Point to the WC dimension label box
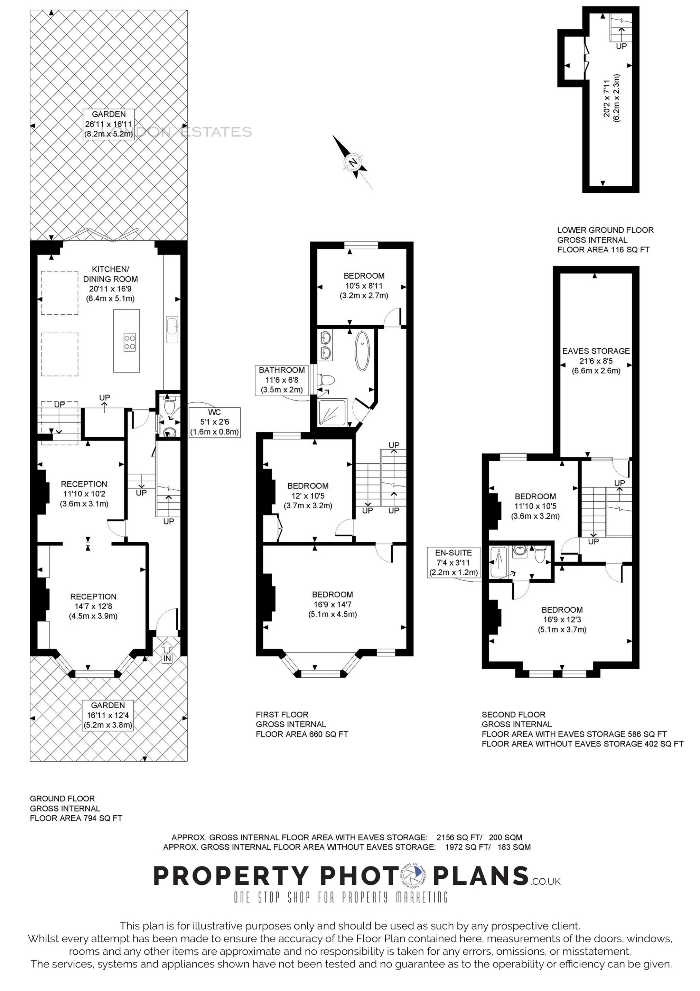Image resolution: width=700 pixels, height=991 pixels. click(214, 422)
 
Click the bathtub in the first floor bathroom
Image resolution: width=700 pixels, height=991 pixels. click(362, 351)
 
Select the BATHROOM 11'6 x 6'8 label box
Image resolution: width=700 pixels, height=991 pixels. click(282, 380)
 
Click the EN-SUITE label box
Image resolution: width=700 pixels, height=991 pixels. click(453, 562)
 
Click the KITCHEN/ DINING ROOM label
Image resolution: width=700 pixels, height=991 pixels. click(110, 284)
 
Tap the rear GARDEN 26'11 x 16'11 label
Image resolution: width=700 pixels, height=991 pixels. click(109, 124)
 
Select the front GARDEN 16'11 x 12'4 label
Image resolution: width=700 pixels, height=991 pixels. click(108, 715)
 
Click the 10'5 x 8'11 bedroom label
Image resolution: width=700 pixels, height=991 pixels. click(364, 286)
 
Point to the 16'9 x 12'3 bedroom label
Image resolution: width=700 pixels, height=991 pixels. click(562, 619)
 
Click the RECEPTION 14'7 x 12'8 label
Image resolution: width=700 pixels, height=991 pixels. click(93, 606)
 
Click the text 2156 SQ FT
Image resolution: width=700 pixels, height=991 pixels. click(458, 837)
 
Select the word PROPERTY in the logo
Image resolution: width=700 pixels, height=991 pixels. click(231, 876)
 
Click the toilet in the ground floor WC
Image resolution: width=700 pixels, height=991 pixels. click(169, 406)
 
